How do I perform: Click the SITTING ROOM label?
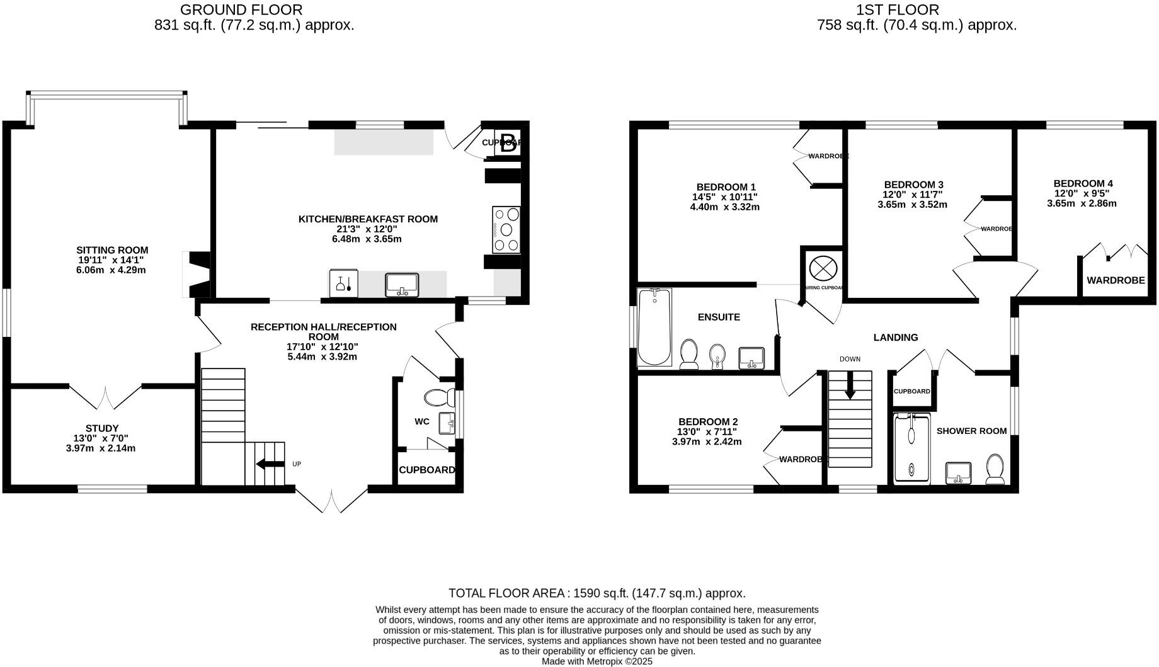[x=112, y=250]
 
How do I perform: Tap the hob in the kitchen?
[x=506, y=230]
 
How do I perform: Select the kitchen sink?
[x=402, y=284]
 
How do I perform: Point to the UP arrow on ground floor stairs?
[x=269, y=465]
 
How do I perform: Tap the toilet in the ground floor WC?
[x=440, y=397]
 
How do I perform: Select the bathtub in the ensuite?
[x=654, y=328]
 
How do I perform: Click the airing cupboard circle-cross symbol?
[x=822, y=268]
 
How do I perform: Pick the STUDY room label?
[x=102, y=428]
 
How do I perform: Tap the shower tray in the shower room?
[x=911, y=448]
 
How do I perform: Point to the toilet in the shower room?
[x=995, y=470]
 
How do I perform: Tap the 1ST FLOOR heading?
[x=916, y=10]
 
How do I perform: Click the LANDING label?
[x=895, y=338]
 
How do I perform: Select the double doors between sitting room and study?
[x=105, y=396]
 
